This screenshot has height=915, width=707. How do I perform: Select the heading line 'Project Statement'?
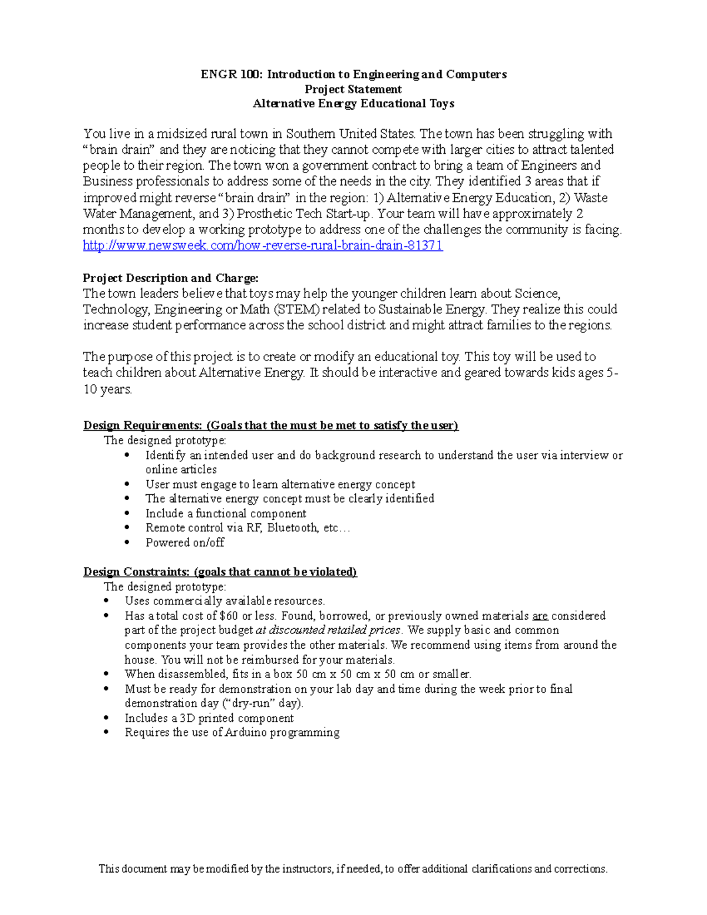tap(353, 89)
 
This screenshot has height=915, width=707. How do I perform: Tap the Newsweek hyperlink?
tap(262, 246)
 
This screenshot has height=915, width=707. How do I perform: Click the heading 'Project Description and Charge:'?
tap(170, 278)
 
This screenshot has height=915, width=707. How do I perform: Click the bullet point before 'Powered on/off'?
tap(127, 542)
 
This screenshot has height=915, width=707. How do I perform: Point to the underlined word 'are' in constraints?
tap(540, 616)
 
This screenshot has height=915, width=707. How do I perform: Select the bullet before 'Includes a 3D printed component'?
tap(106, 718)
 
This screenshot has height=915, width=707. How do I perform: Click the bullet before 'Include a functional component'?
tap(127, 513)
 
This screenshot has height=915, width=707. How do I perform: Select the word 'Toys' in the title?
tap(442, 104)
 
